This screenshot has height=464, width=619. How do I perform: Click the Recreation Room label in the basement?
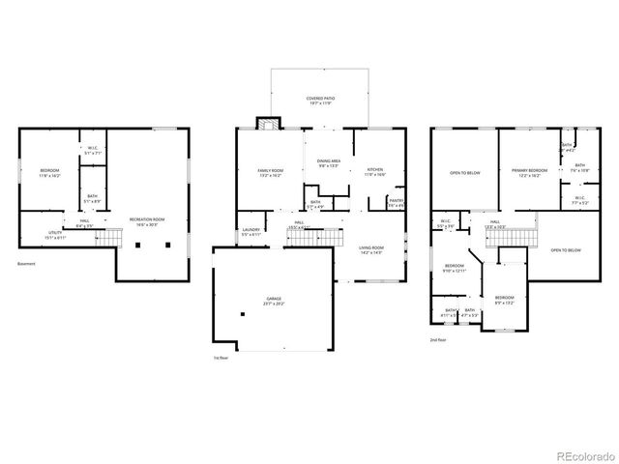pos(147,221)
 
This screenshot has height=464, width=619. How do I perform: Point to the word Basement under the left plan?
pos(28,263)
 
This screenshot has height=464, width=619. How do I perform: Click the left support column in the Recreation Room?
pos(139,246)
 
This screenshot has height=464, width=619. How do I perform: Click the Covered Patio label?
pos(318,101)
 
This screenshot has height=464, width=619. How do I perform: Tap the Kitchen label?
pos(374,172)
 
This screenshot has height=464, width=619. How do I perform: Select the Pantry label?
pos(396,203)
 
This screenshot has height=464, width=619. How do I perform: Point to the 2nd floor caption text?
pos(438,339)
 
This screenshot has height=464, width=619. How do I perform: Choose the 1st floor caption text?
pos(221,357)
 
